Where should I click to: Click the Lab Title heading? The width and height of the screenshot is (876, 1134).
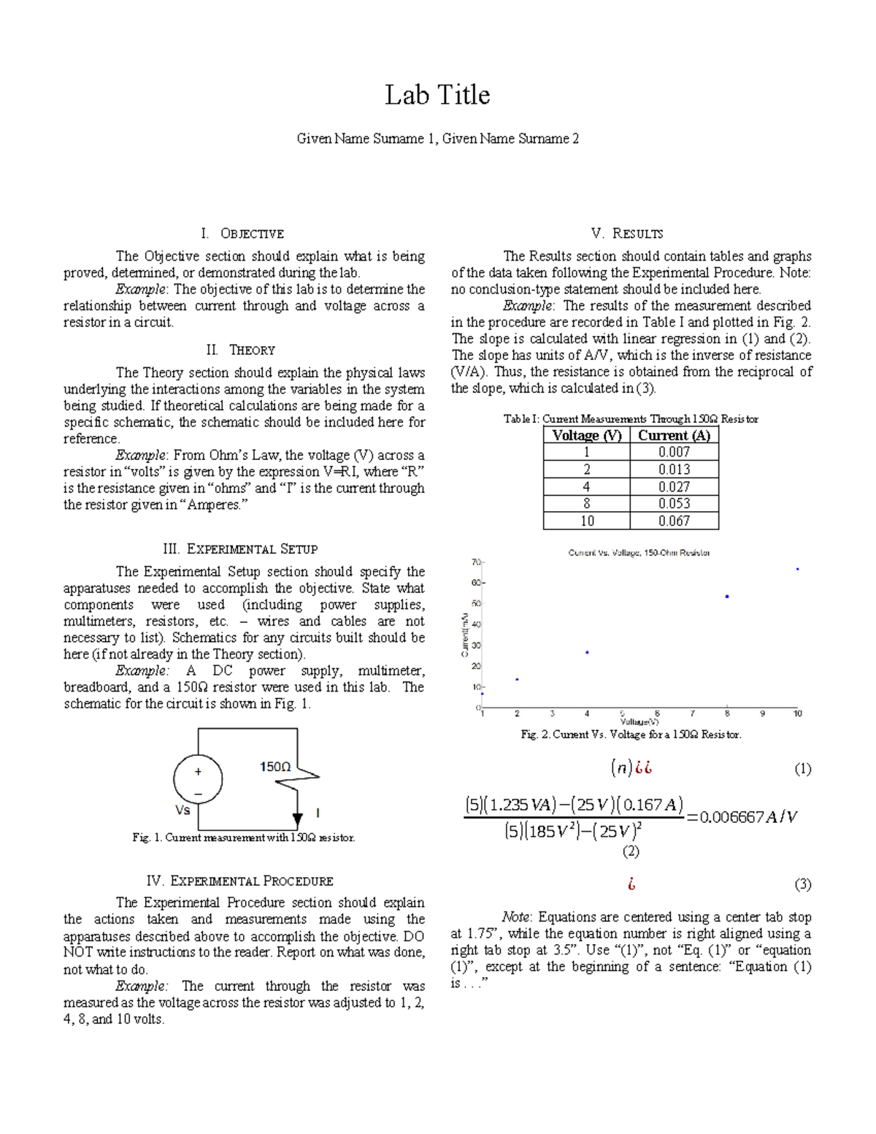click(437, 95)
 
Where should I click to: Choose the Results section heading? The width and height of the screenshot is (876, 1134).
click(627, 234)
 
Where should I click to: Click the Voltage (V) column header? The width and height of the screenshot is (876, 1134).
click(586, 435)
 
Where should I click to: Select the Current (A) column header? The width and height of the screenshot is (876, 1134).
click(674, 435)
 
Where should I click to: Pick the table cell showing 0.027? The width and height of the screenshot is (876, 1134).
click(674, 486)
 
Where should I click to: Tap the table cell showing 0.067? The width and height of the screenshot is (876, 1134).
click(674, 521)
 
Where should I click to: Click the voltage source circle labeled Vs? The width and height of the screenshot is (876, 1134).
click(198, 779)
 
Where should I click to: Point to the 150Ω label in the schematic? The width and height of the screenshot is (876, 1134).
click(275, 767)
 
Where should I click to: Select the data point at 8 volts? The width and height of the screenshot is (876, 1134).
click(727, 597)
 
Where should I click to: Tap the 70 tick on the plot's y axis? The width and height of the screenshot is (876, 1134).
click(475, 562)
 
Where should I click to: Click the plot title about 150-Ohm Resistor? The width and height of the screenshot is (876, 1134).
click(639, 553)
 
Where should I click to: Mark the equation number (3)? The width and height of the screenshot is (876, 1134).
click(802, 884)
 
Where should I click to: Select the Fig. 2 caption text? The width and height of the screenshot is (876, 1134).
click(631, 735)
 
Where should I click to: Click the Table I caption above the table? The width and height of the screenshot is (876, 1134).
click(631, 419)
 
